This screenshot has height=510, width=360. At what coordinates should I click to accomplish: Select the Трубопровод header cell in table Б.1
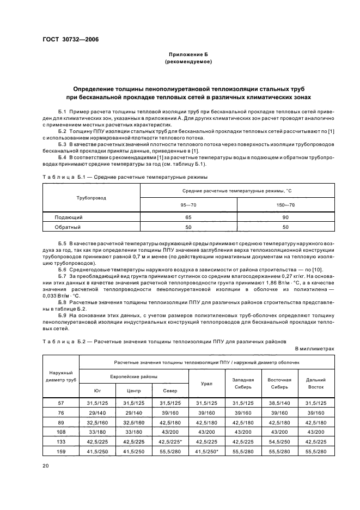[x=91, y=198]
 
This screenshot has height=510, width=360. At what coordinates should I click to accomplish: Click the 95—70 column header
[x=188, y=205]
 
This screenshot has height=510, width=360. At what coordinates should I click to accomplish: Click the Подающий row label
[x=68, y=217]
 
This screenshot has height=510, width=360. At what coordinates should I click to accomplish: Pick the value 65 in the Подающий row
[x=188, y=217]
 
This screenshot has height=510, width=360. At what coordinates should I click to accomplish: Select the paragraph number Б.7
[x=62, y=276]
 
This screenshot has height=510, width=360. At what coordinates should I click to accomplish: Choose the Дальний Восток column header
[x=316, y=383]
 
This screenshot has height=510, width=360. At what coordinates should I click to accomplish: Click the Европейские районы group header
[x=133, y=377]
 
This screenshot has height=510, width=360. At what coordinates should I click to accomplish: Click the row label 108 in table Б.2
[x=60, y=432]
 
